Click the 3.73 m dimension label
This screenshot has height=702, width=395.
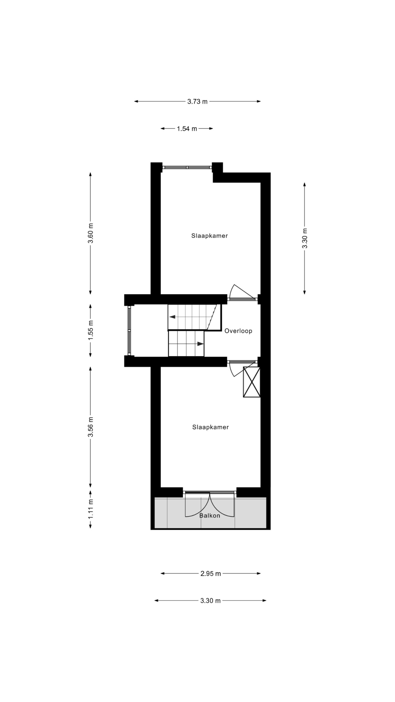(x=197, y=102)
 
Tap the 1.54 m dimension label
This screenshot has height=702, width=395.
(x=187, y=129)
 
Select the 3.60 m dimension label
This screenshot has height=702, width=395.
(x=91, y=233)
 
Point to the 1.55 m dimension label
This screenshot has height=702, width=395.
(x=91, y=330)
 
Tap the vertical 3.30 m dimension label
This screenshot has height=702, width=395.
(x=304, y=238)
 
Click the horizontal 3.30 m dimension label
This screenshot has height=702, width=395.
(x=210, y=608)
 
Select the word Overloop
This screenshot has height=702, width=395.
(x=238, y=331)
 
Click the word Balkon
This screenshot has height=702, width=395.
(x=210, y=516)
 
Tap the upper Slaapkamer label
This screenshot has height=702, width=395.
(x=210, y=236)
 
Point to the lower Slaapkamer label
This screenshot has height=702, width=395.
(x=210, y=427)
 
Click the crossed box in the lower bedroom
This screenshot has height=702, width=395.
(x=252, y=382)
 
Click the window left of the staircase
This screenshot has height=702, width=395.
(x=129, y=331)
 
